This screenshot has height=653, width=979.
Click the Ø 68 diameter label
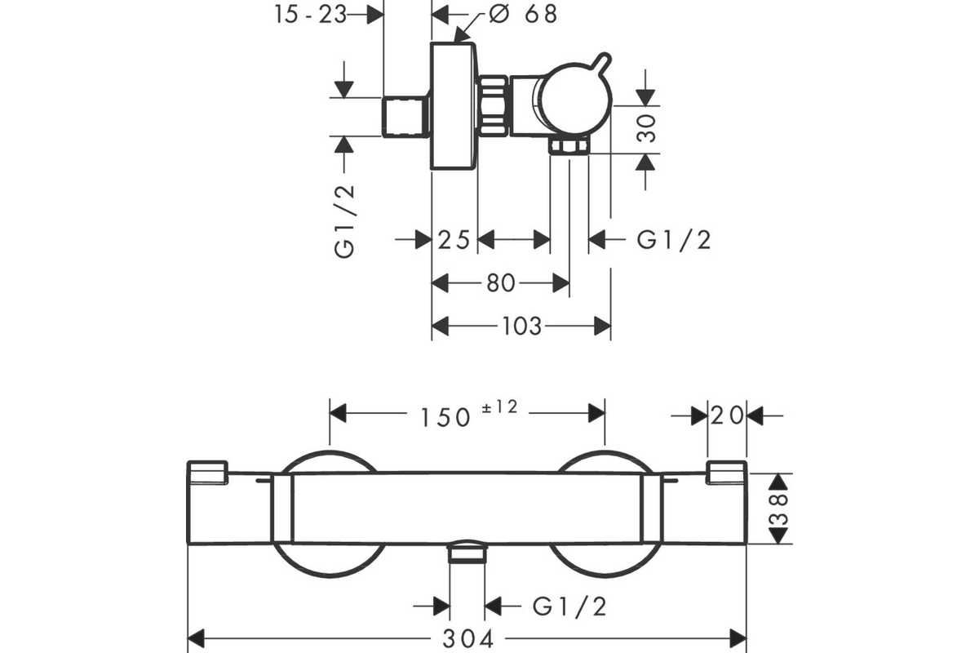click(523, 14)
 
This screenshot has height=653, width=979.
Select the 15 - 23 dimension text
click(310, 15)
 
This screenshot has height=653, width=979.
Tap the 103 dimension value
click(522, 326)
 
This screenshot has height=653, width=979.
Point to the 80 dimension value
click(501, 283)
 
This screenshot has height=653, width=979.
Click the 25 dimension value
click(454, 240)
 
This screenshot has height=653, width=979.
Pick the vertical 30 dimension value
click(646, 129)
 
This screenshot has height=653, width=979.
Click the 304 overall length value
click(468, 639)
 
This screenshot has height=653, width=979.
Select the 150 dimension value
click(445, 417)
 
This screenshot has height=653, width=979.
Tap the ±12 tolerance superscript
click(499, 406)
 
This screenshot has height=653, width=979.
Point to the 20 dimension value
click(727, 415)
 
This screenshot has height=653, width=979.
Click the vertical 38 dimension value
click(779, 509)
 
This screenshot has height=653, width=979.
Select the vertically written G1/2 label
click(344, 222)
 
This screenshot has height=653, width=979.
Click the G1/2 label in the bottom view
click(570, 606)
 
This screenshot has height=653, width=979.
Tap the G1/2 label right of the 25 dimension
click(674, 240)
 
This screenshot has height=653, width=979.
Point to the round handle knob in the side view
click(576, 100)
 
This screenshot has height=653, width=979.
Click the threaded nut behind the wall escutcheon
click(494, 107)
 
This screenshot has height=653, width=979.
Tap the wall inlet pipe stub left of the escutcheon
click(405, 118)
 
